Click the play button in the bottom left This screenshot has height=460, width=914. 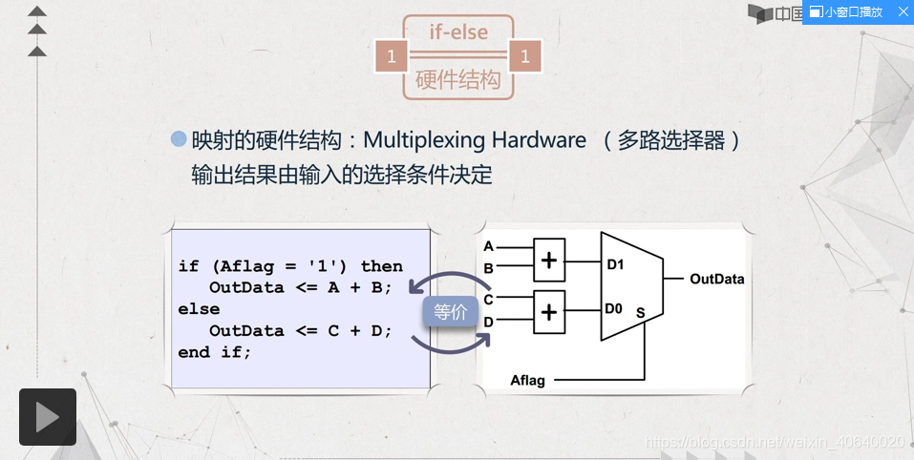pos(47,417)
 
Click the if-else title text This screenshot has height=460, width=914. pos(458,31)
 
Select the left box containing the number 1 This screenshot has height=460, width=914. pos(391,57)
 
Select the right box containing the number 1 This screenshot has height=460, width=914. pos(525,57)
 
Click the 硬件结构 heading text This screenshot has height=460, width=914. pos(458,80)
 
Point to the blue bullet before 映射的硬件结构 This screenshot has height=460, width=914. pos(179,139)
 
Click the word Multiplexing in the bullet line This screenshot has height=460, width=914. pos(424,140)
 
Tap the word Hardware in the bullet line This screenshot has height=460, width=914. pos(539,140)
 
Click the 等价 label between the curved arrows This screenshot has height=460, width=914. pos(451,311)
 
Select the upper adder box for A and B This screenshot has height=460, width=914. pos(549,260)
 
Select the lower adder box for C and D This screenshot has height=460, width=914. pos(549,311)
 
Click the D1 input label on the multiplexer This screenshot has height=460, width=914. pos(615,264)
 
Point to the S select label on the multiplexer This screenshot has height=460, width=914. pos(640,313)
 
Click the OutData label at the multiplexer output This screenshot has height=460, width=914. pos(716,280)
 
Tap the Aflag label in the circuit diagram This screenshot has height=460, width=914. pos(527,380)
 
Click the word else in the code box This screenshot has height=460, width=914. pos(199,309)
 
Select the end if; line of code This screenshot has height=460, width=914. pos(215,352)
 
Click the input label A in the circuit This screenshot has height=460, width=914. pos(488,246)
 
